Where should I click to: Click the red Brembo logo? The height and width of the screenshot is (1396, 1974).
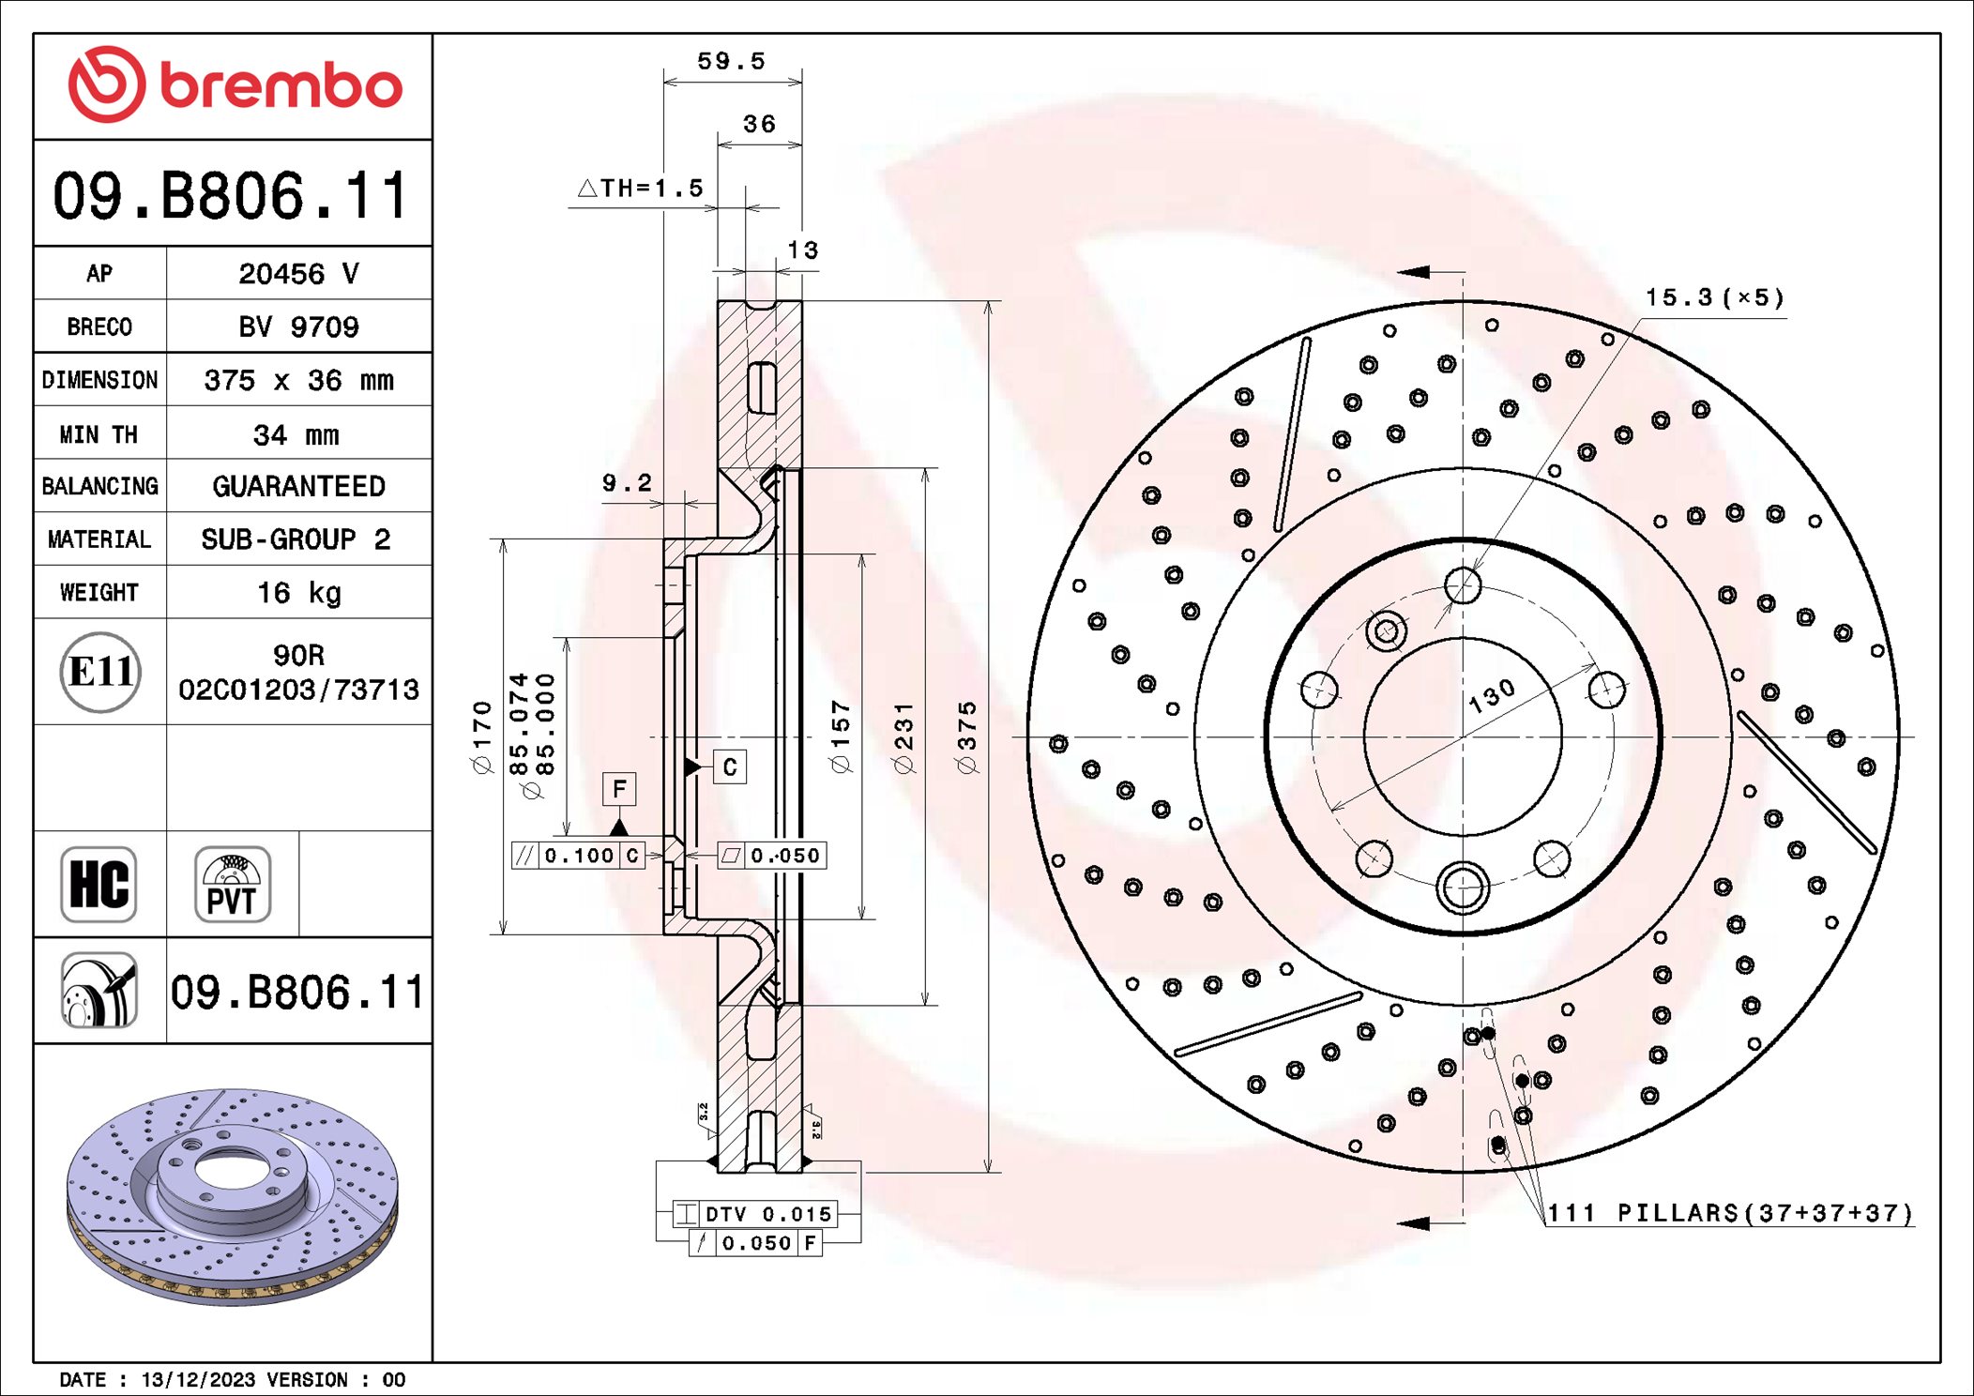pos(235,84)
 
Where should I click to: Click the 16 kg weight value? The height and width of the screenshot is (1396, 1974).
pos(298,593)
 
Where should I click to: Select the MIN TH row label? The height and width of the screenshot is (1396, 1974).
pos(99,434)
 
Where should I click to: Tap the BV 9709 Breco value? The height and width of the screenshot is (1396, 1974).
pos(298,326)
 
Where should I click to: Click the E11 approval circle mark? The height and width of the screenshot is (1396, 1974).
pos(100,672)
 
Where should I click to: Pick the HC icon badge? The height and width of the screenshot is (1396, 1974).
pos(99,885)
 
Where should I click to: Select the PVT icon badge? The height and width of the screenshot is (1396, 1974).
pos(232,885)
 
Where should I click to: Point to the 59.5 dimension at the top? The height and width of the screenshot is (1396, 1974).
pos(731,62)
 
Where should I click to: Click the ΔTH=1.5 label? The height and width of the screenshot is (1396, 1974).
pos(641,189)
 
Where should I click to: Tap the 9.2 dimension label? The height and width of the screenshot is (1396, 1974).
pos(626,483)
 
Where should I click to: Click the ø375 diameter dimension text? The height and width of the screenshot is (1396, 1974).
pos(966,736)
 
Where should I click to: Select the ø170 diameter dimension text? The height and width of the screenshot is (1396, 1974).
pos(481,736)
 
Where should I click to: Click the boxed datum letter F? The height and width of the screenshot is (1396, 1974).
pos(618,789)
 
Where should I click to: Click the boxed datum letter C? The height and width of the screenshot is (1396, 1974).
pos(729,767)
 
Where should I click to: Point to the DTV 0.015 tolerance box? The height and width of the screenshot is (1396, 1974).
pos(756,1214)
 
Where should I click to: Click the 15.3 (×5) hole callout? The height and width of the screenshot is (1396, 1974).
pos(1713,298)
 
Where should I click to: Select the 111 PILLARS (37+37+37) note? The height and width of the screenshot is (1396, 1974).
pos(1728,1213)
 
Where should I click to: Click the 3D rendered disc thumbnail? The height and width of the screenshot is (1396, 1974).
pos(233,1196)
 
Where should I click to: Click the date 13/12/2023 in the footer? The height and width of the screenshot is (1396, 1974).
pos(197,1380)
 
